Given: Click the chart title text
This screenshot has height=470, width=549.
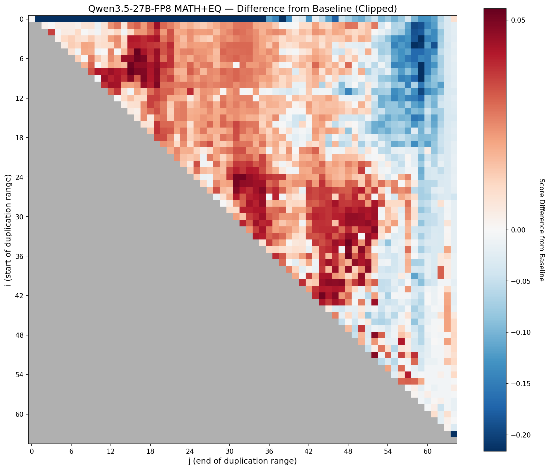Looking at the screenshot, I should coord(243,9).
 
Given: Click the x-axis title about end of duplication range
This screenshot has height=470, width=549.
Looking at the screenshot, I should coord(243,461).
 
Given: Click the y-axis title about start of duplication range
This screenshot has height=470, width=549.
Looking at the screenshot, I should coord(8,230).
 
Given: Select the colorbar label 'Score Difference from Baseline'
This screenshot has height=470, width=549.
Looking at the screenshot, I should coord(542,230).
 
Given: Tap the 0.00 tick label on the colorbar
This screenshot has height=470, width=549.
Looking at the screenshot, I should coord(518,230).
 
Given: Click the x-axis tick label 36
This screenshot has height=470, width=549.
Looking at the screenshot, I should coord(269,451).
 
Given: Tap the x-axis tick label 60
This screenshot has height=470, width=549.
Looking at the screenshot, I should coord(428,451).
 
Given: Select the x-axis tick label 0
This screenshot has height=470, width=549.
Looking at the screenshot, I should coord(32,451).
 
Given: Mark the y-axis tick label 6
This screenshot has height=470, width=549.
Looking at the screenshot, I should coord(22,59).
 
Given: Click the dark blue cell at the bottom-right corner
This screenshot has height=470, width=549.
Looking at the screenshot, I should coord(454,434).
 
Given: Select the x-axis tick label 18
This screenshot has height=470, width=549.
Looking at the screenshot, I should coord(150,451).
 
